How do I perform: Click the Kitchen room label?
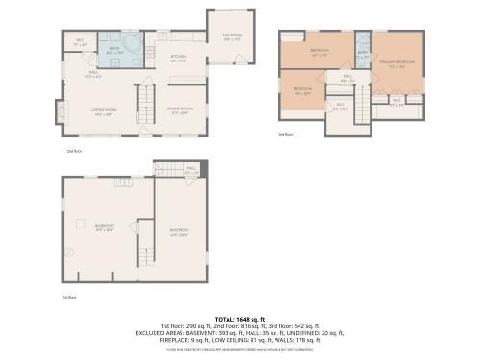click(x=179, y=58)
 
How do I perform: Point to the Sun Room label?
click(x=231, y=37)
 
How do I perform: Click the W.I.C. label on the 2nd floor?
click(x=80, y=44)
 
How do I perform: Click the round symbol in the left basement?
click(x=69, y=252)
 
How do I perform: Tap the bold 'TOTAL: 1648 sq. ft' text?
click(x=239, y=318)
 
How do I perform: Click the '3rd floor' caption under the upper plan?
click(x=285, y=135)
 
